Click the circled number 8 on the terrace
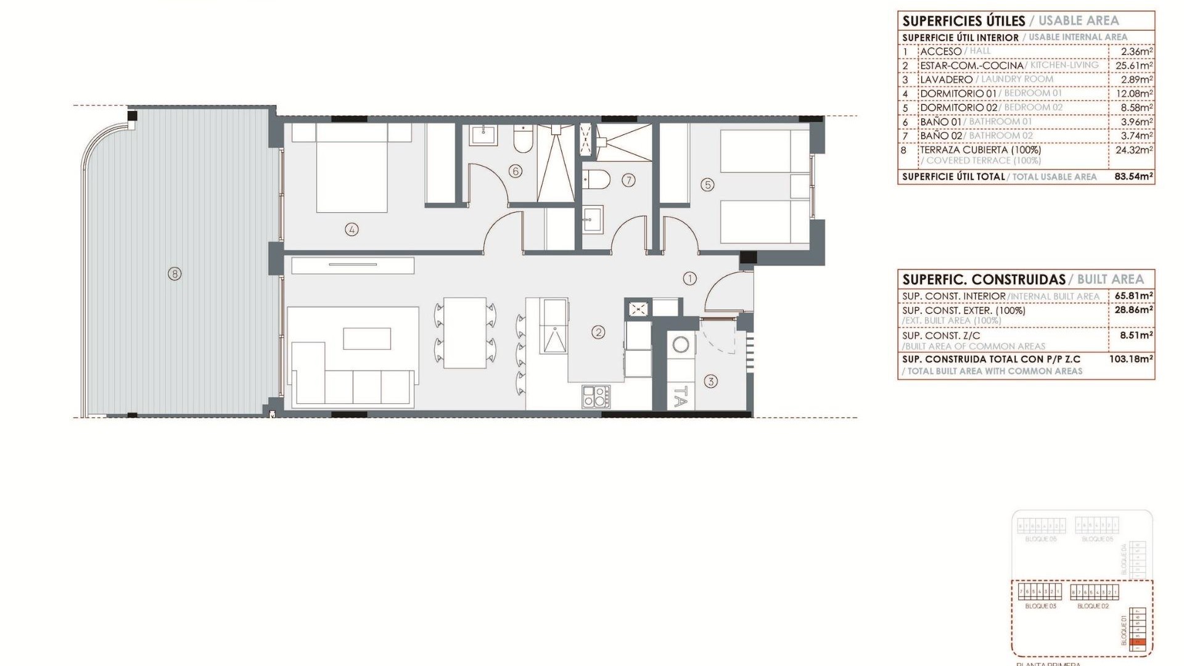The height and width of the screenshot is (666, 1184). click(x=175, y=273)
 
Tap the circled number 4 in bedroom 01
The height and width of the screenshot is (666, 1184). click(x=351, y=229)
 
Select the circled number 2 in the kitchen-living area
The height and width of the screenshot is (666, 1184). click(x=598, y=332)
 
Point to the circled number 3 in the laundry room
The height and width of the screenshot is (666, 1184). click(x=710, y=381)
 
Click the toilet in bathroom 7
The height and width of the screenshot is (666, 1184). click(x=596, y=179)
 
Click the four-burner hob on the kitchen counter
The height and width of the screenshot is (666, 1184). click(x=596, y=396)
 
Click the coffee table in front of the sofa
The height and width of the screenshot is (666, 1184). click(x=367, y=339)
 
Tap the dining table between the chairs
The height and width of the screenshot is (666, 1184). click(x=465, y=333)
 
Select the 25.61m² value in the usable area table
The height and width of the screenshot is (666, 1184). click(x=1133, y=65)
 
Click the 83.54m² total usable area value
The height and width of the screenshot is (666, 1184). click(x=1133, y=176)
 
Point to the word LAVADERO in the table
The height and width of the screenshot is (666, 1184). click(x=946, y=80)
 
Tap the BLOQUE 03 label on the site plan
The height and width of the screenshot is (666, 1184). click(x=1040, y=606)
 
